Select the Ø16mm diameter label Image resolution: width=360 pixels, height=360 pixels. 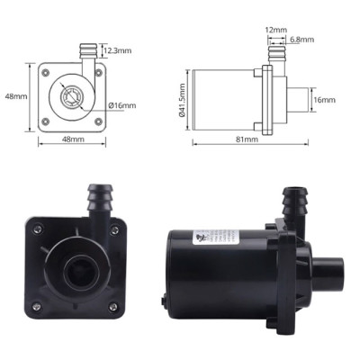click(x=121, y=105)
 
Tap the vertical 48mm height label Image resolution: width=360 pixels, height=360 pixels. click(x=12, y=95)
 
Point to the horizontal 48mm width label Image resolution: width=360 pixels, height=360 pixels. click(x=73, y=140)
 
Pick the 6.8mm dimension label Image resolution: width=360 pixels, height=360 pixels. click(x=302, y=40)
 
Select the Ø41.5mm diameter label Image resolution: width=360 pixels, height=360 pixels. click(x=183, y=100)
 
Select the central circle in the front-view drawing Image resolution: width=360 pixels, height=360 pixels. click(x=73, y=94)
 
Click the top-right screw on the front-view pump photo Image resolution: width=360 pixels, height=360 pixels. click(x=114, y=229)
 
